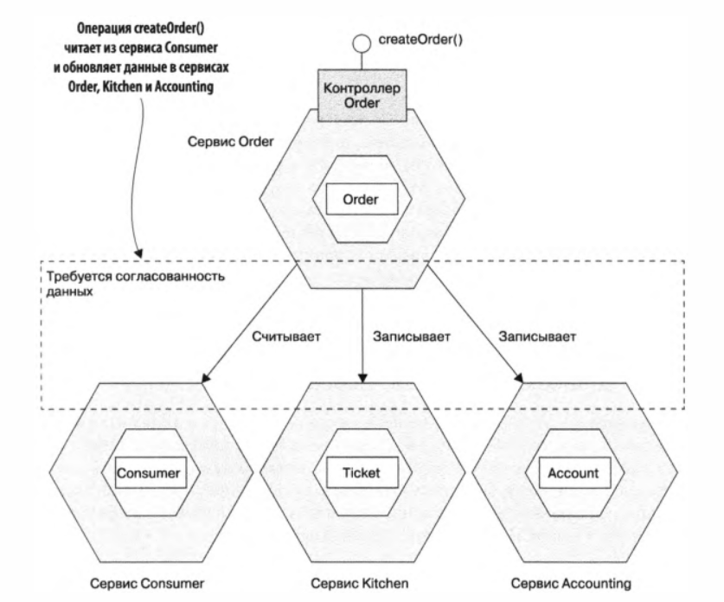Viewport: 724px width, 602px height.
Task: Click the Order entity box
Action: click(362, 200)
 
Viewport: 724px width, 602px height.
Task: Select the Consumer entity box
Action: click(151, 473)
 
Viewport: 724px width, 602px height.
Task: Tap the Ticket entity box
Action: click(362, 473)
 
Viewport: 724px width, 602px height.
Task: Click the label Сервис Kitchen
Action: click(363, 580)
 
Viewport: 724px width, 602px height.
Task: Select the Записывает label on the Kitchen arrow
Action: click(410, 336)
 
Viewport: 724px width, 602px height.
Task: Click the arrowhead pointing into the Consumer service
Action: click(207, 375)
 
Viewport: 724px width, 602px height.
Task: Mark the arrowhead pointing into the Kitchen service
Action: click(363, 375)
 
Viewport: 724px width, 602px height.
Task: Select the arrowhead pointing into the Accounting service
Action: click(519, 375)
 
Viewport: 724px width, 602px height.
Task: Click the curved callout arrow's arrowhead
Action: click(140, 253)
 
